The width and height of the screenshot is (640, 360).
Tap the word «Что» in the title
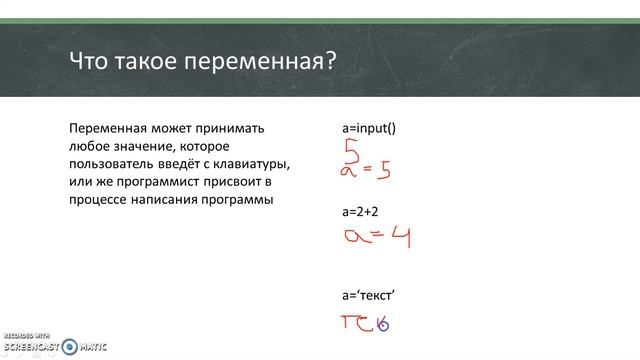pos(89,62)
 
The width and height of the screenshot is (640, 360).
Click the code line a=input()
pos(368,129)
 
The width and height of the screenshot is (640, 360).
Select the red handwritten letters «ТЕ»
pos(358,323)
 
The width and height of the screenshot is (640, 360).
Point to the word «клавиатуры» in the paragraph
pos(256,164)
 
